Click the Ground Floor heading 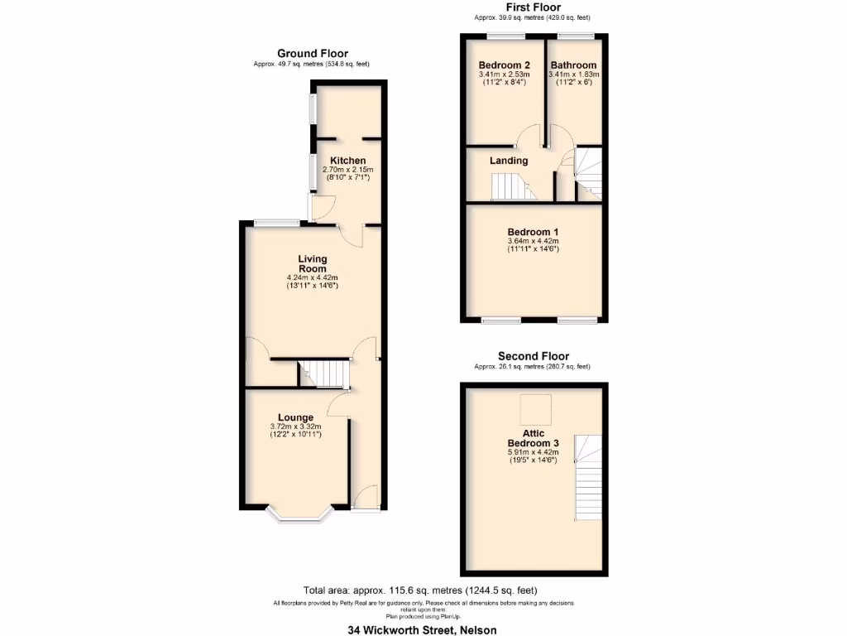(x=312, y=54)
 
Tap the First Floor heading (x=532, y=7)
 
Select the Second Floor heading (x=533, y=356)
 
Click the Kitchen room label (x=347, y=161)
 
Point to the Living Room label (x=312, y=264)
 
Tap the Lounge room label (x=295, y=417)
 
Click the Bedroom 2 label (x=505, y=65)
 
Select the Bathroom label (x=573, y=65)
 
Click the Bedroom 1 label (x=533, y=232)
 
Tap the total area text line (x=420, y=590)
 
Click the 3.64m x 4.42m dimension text (x=533, y=241)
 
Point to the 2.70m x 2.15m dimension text (x=347, y=169)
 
